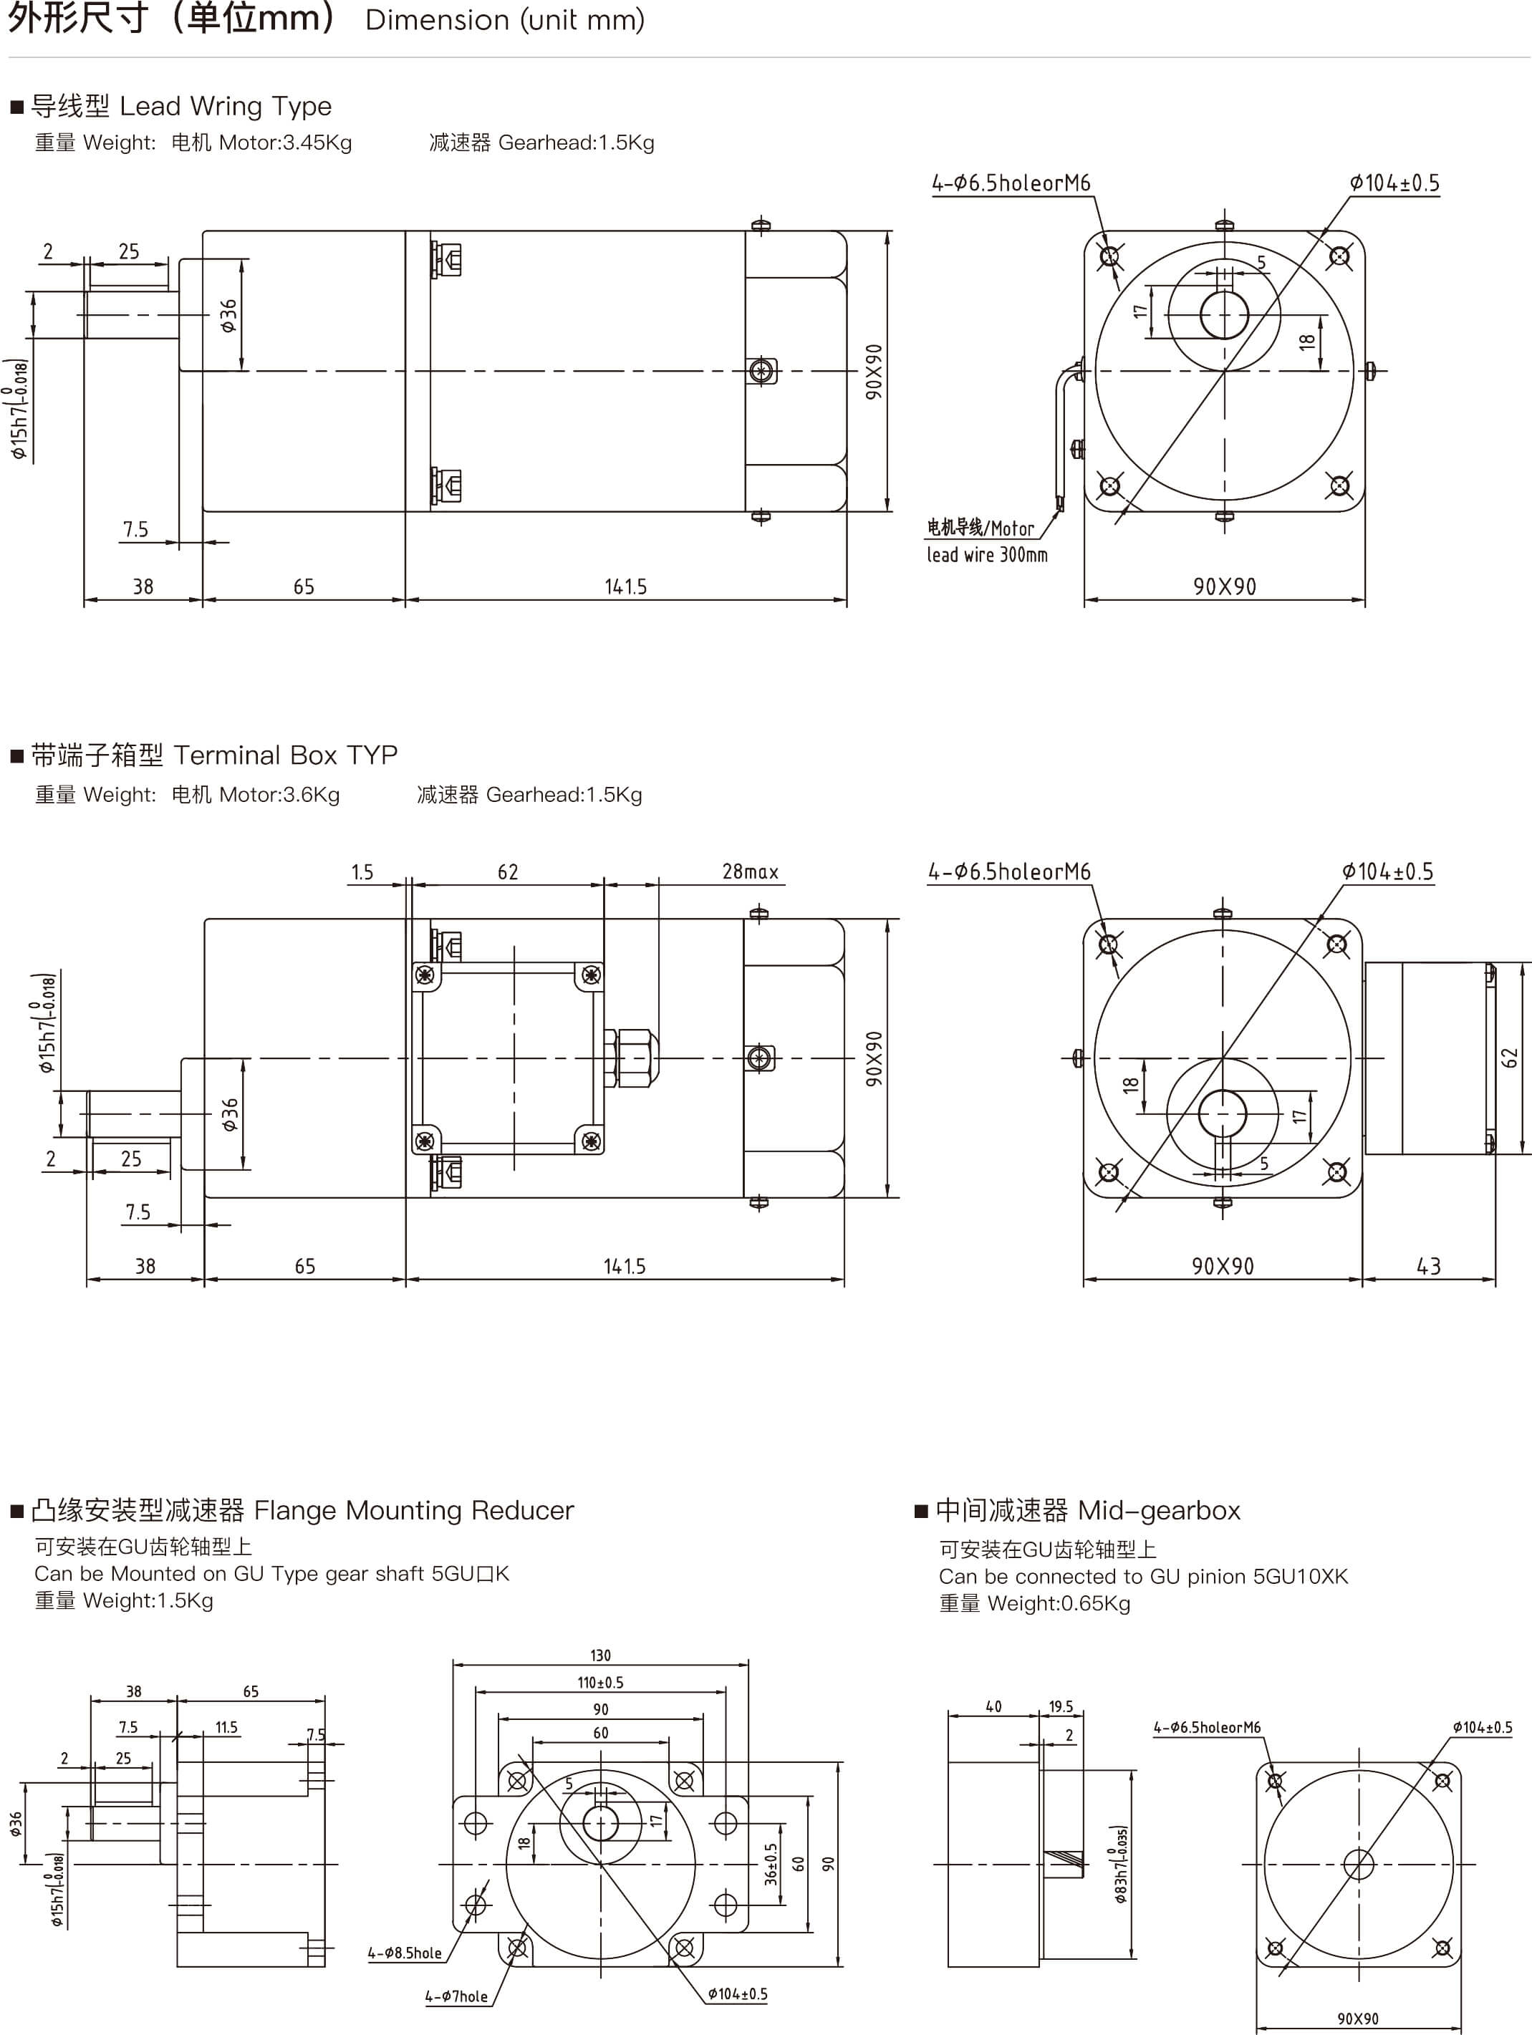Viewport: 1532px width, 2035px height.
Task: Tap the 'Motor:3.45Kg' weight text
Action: coord(285,142)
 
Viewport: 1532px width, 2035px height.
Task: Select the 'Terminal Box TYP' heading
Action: coord(285,755)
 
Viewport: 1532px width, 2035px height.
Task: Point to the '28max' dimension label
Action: coord(750,871)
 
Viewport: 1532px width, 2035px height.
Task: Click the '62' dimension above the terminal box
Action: coord(508,871)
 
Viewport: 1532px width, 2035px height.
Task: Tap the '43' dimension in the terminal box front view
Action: coord(1428,1266)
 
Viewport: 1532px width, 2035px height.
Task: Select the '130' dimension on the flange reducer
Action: coord(600,1655)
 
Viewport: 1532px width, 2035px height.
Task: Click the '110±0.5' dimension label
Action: coord(600,1682)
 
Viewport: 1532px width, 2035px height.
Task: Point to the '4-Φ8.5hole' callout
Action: coord(405,1952)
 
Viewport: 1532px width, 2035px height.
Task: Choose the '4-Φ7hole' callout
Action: coord(456,1996)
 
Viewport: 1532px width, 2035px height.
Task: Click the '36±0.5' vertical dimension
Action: coord(771,1864)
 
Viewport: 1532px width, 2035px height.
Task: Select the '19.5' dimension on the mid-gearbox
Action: coord(1061,1706)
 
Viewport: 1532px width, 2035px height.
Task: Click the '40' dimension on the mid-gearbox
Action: coord(993,1706)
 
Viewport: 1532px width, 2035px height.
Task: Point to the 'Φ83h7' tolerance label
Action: coord(1119,1864)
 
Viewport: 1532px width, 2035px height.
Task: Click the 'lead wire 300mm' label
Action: coord(986,555)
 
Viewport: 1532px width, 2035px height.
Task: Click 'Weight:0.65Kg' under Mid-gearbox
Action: coord(1058,1603)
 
